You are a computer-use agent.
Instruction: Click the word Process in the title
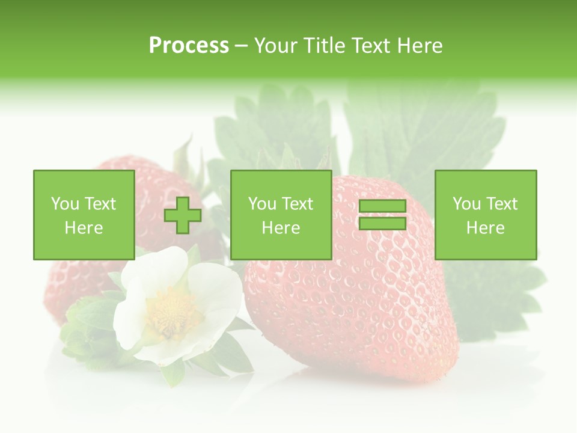189,46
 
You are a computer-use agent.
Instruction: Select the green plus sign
183,215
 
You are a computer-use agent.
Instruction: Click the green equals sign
382,215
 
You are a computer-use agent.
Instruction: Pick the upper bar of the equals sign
382,206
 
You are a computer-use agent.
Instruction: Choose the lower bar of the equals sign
382,223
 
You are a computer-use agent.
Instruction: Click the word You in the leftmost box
65,204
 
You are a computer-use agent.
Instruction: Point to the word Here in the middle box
281,228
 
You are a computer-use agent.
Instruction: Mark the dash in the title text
242,46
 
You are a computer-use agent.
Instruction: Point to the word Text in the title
371,46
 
